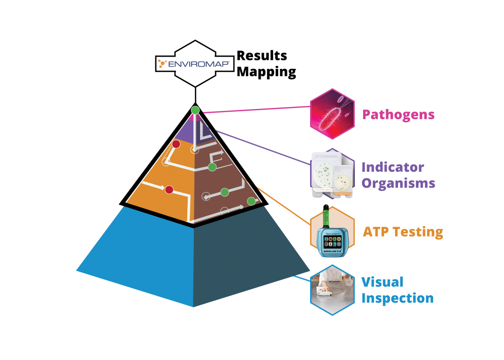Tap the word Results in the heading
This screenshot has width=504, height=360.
point(262,56)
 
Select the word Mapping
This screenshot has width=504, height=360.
point(266,72)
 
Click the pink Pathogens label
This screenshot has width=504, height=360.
point(398,114)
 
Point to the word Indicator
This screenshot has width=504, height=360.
point(392,167)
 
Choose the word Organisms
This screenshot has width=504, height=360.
point(398,183)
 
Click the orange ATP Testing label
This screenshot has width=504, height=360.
point(403,231)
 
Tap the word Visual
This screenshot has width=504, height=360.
point(382,282)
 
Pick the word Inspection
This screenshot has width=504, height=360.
point(397,298)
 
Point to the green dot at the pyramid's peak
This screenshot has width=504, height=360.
point(195,110)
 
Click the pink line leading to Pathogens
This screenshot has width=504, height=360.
point(257,110)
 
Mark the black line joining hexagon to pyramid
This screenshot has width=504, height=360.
point(195,96)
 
